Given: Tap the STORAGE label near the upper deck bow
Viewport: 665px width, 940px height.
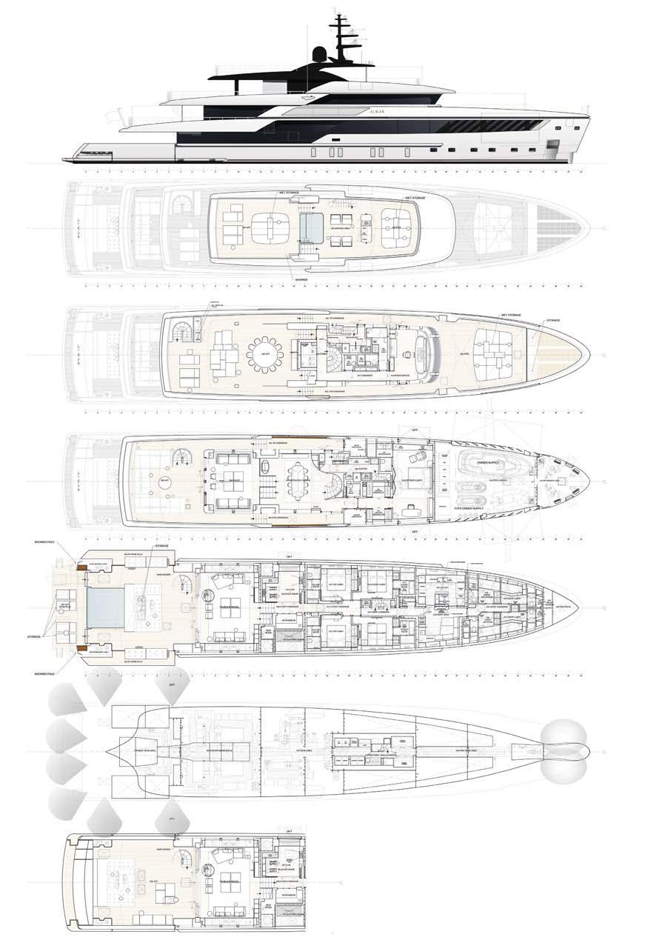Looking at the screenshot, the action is click(552, 321).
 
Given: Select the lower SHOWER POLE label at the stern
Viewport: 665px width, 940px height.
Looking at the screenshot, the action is click(62, 673).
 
